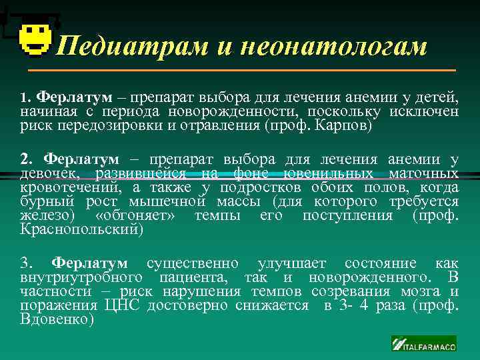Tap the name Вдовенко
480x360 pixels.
(x=57, y=319)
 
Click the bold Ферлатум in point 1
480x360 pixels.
(x=75, y=98)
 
